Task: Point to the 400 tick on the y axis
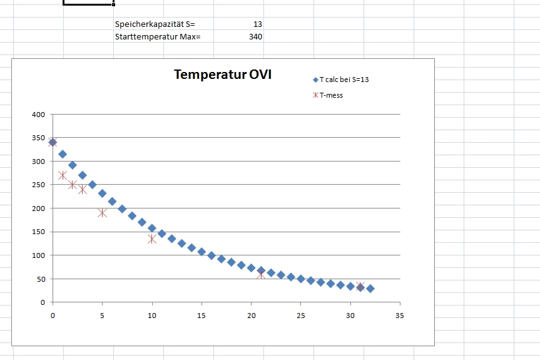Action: coord(39,115)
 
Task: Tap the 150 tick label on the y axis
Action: coord(39,232)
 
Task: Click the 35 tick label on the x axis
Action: coord(400,315)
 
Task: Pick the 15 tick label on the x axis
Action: coord(201,315)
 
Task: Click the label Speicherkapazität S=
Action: coord(155,24)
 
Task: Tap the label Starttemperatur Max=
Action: coord(158,36)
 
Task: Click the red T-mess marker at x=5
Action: coord(102,213)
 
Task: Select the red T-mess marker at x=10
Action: coord(152,239)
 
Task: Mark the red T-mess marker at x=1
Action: coord(63,175)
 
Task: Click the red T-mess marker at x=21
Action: coord(261,274)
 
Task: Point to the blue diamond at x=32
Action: coord(370,289)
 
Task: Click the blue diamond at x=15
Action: coord(201,252)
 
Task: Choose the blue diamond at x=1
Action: coord(63,154)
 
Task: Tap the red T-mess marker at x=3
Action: coord(83,189)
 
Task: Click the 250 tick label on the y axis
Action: coord(39,185)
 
